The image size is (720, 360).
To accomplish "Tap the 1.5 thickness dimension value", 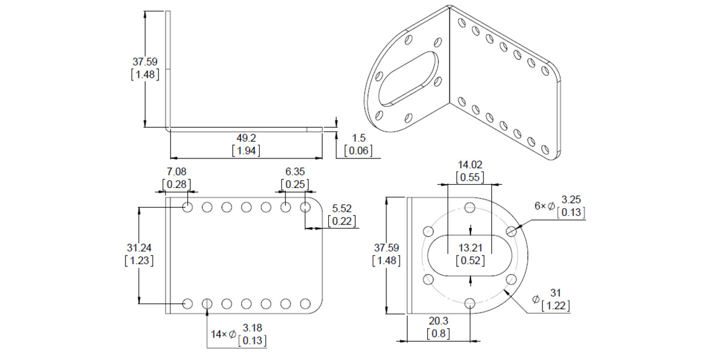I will (x=358, y=138).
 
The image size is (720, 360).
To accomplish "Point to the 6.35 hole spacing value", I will (x=295, y=172).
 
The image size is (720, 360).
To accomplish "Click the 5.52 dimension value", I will (x=342, y=209).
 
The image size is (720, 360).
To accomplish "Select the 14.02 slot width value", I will (x=470, y=164).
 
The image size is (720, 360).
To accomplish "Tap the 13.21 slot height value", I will (x=470, y=247).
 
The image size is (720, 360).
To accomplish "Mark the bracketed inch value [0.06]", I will (x=358, y=151).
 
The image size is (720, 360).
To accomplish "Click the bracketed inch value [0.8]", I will (x=439, y=333).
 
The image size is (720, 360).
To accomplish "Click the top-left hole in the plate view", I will (x=188, y=208).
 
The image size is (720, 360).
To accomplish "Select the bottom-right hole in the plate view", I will (x=305, y=304).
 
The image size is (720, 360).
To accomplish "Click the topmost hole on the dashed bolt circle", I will (x=470, y=208).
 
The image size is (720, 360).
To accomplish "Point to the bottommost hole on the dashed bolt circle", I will (x=470, y=302).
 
